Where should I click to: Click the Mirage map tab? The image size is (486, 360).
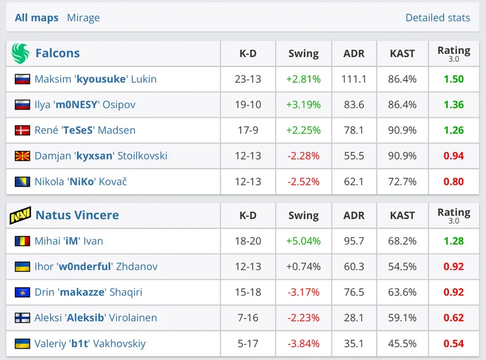[x=83, y=18]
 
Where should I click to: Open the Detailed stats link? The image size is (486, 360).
[x=437, y=18]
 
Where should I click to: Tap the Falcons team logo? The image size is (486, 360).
[x=20, y=53]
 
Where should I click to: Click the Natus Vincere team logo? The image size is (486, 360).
[x=20, y=215]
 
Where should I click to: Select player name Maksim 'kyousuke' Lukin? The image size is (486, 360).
[x=95, y=79]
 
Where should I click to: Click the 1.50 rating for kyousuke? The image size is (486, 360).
[x=453, y=79]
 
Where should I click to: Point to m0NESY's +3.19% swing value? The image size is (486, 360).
[x=303, y=105]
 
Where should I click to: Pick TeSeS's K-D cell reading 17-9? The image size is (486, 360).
[x=248, y=130]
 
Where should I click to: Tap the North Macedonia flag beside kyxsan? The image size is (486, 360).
[x=22, y=156]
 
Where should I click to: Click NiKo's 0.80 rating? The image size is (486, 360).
[x=453, y=182]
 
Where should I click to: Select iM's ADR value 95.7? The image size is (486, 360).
[x=354, y=241]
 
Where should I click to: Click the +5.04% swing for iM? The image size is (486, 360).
[x=303, y=241]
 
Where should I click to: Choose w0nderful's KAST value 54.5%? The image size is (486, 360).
[x=402, y=267]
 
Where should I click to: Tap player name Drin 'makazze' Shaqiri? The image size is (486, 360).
[x=89, y=292]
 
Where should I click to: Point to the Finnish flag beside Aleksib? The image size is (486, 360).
[x=22, y=318]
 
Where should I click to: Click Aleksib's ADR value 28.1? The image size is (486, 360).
[x=354, y=318]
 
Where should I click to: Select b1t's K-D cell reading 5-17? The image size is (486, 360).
[x=248, y=343]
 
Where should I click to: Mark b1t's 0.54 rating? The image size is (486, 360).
[x=453, y=343]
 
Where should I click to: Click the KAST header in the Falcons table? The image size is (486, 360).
[x=402, y=54]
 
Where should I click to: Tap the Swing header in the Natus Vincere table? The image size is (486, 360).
[x=303, y=215]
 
